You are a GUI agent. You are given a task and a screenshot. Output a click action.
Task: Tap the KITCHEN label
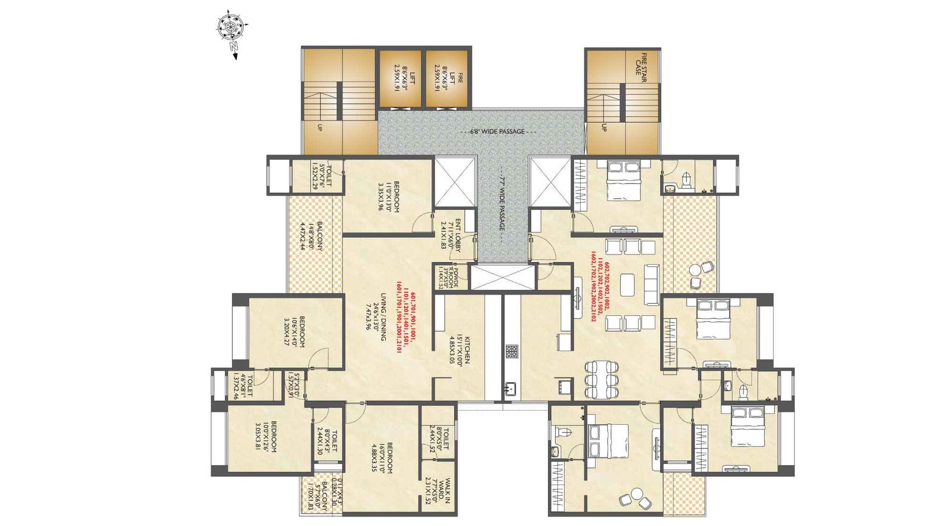[x=460, y=349]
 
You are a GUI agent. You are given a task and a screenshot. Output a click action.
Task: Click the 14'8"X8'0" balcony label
[x=311, y=236]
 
